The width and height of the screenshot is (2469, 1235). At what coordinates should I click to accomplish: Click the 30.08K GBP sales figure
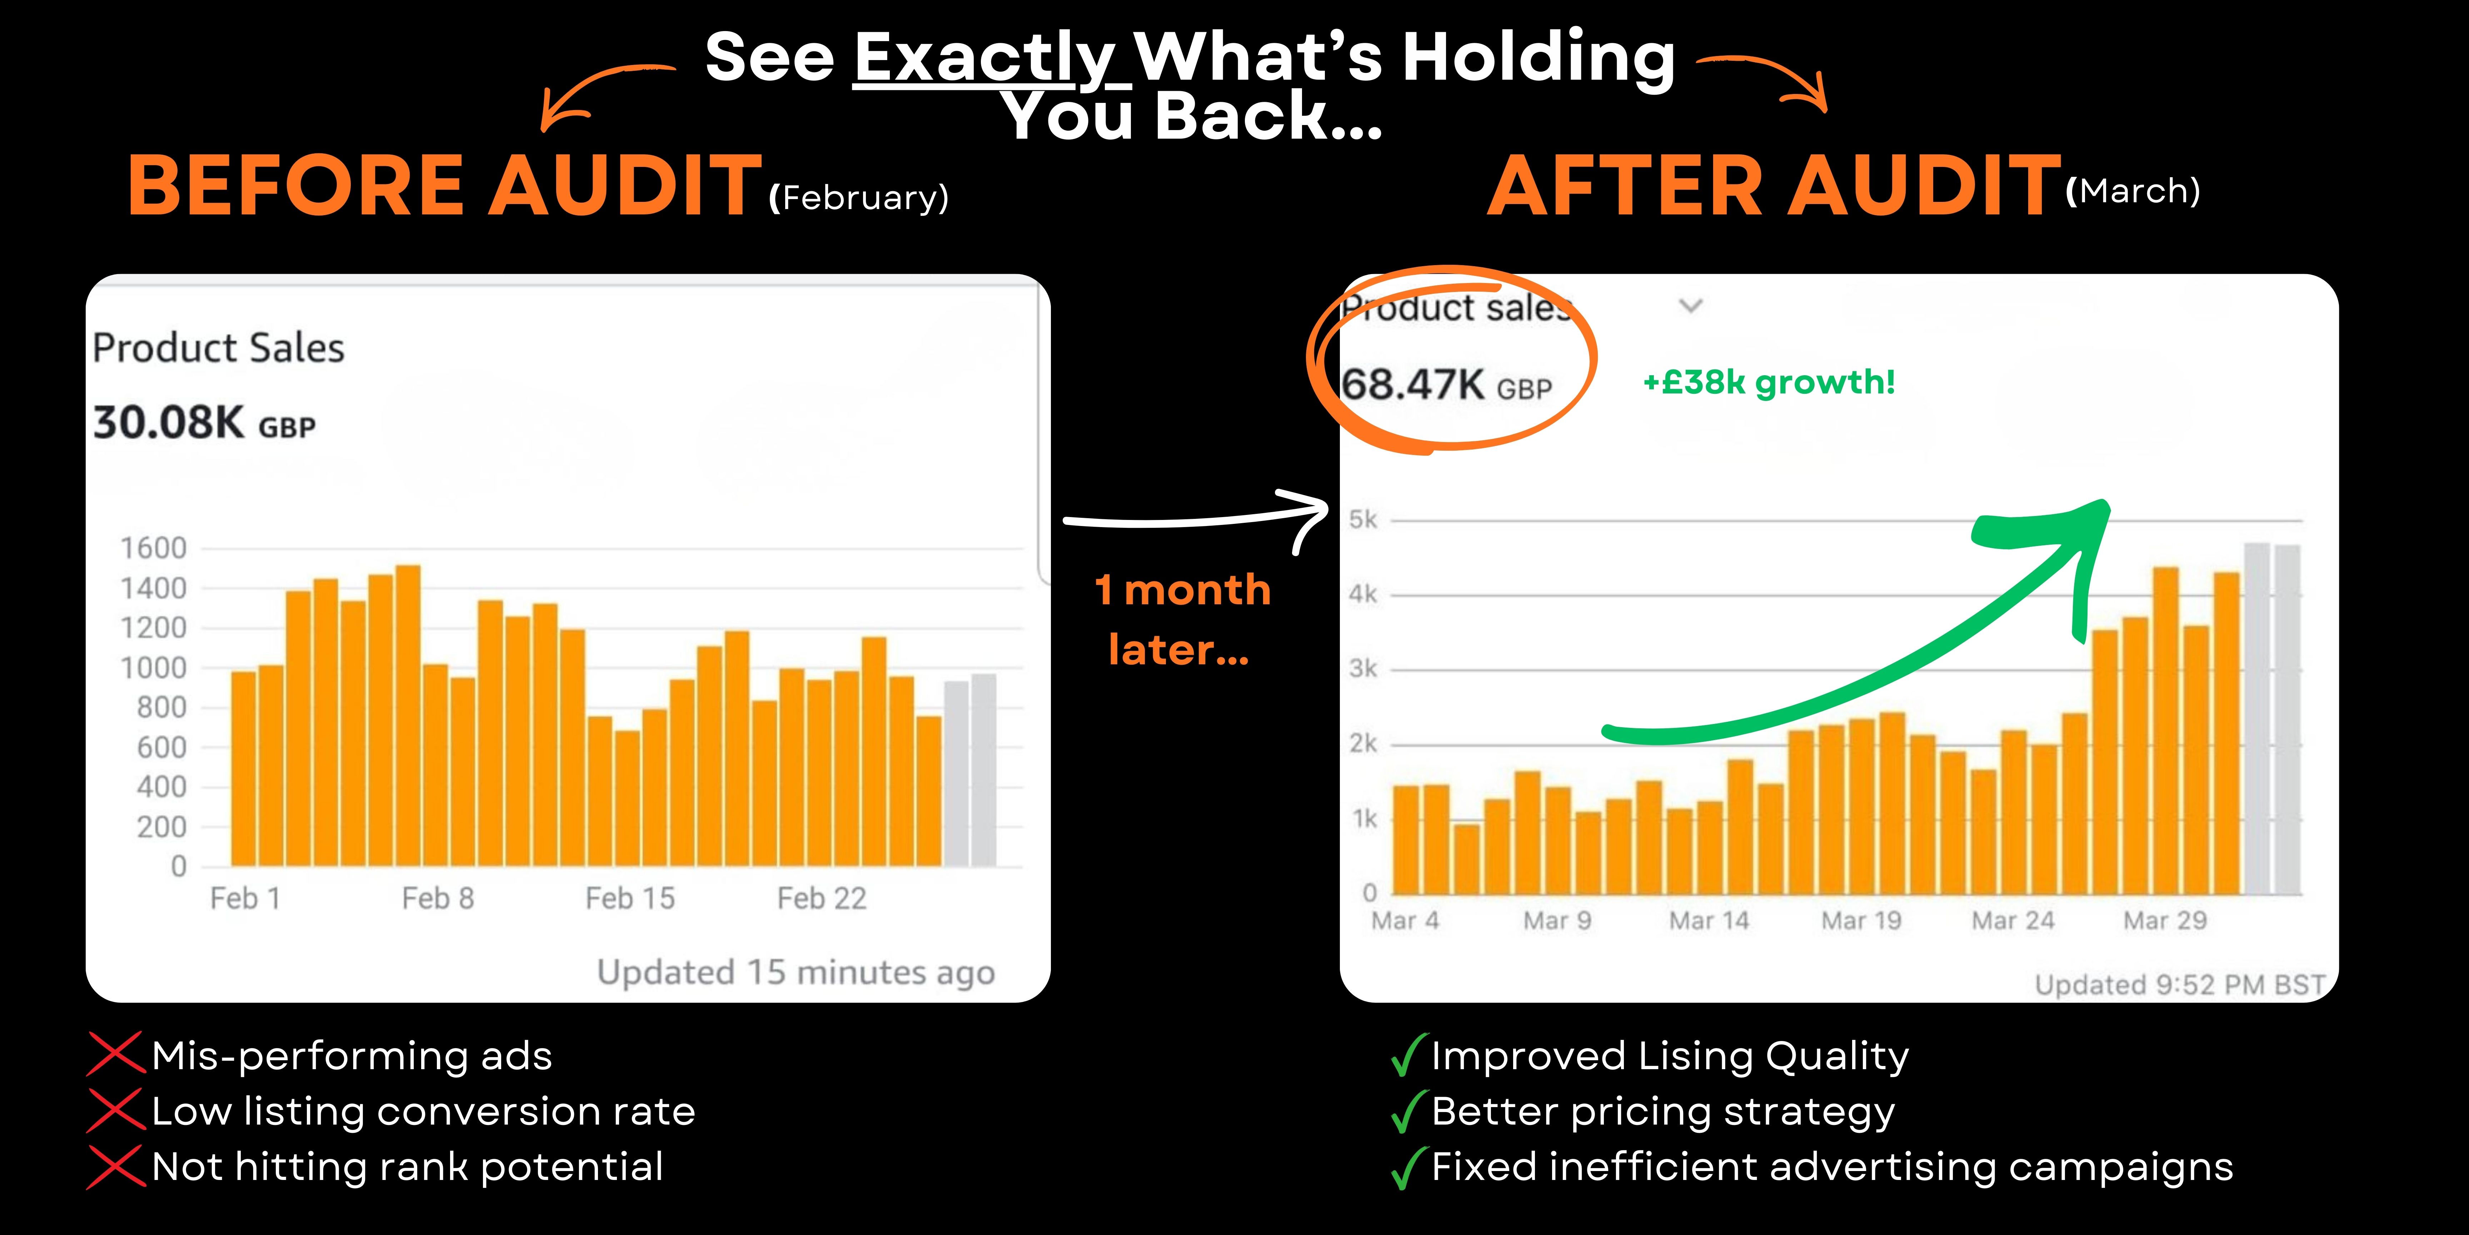pos(203,423)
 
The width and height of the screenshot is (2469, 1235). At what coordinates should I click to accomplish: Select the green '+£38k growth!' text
pos(1769,383)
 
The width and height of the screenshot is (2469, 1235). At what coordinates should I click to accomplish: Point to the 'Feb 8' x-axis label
pos(438,898)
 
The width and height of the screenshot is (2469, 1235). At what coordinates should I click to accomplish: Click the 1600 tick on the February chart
pos(153,549)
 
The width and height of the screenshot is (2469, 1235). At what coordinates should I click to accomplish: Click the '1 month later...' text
pos(1182,619)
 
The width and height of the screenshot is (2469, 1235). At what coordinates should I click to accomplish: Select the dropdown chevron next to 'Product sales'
pos(1691,306)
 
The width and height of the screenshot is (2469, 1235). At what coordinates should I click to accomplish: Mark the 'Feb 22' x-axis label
pos(822,898)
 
